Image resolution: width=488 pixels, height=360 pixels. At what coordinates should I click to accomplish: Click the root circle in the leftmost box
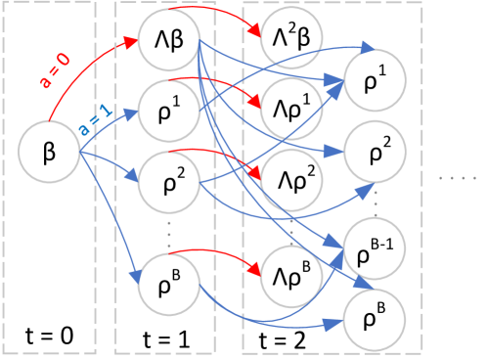click(49, 152)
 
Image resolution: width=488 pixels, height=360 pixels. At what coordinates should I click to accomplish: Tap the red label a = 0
click(55, 71)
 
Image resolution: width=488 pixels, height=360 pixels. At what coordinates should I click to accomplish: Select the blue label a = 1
click(95, 119)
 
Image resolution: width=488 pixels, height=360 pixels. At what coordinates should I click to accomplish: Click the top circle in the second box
click(168, 40)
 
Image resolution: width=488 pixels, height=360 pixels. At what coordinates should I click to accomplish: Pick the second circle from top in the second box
click(168, 111)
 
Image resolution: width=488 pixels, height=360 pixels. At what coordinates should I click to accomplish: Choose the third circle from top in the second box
click(168, 182)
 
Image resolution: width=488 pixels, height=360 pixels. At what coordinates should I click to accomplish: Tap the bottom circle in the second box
click(168, 284)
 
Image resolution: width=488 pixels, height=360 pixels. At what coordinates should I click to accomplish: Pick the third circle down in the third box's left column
click(291, 180)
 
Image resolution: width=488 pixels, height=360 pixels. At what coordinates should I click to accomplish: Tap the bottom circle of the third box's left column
click(291, 277)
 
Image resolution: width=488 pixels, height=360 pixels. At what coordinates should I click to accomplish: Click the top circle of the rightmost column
click(375, 80)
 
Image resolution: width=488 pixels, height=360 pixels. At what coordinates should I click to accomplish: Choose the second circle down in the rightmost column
click(375, 152)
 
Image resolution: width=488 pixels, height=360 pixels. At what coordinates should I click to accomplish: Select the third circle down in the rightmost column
click(375, 249)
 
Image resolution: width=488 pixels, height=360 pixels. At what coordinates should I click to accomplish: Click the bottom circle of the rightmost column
click(374, 320)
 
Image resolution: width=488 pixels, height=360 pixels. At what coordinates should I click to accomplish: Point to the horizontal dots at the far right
click(457, 178)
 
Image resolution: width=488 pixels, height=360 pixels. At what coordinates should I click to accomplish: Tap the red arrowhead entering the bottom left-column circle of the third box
click(255, 272)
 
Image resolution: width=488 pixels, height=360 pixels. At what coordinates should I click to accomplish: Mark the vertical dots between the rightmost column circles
click(375, 202)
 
